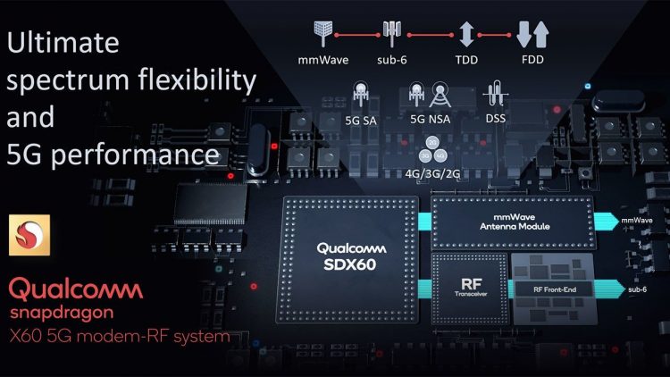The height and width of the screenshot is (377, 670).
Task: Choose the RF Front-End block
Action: point(549,288)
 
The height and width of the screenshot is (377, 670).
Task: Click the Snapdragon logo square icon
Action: point(25,236)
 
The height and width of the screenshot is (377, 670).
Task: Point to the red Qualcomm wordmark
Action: point(76,289)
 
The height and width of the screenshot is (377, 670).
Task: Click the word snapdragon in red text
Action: point(62,314)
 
